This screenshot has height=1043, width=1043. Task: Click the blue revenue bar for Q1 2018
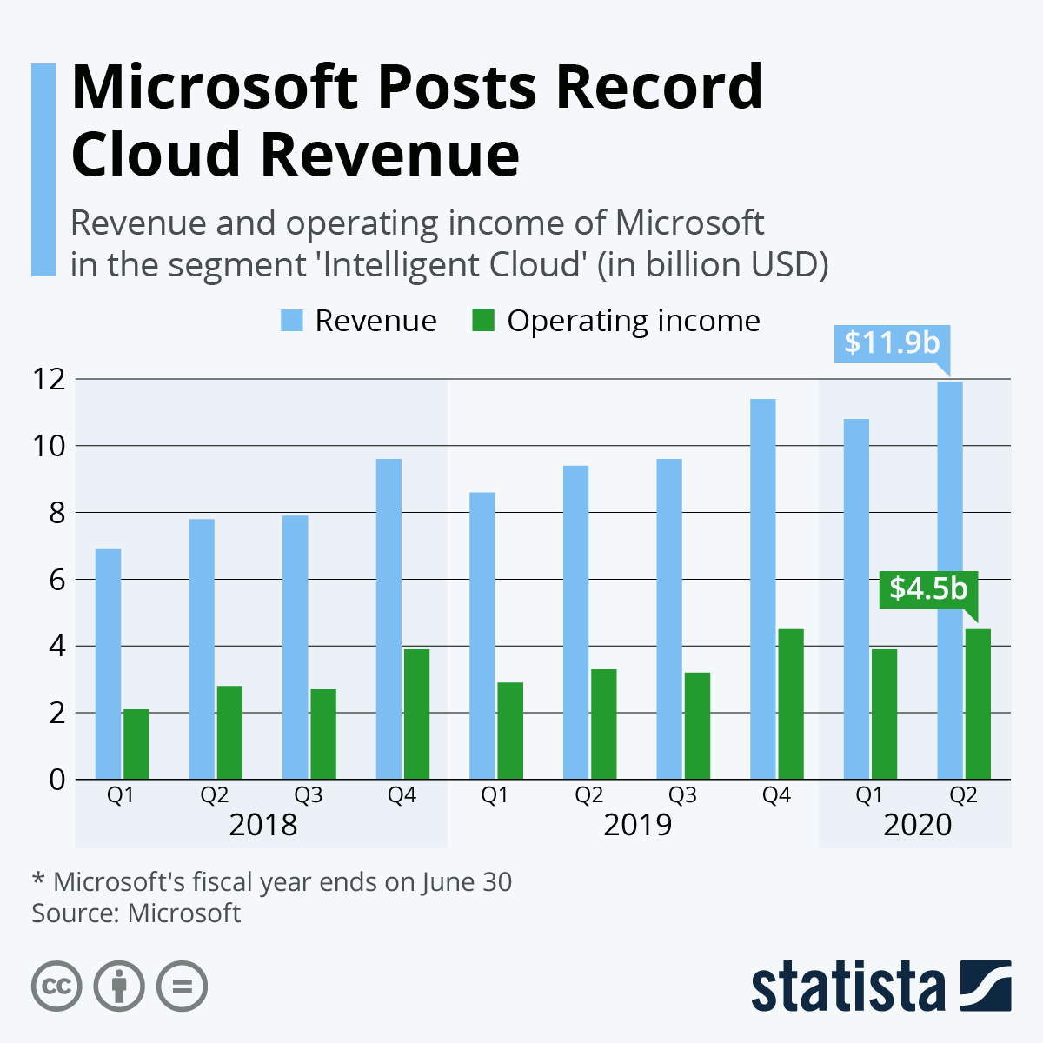[108, 664]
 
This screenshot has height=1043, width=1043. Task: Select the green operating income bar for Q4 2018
[416, 714]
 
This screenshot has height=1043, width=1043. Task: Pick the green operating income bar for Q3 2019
[697, 725]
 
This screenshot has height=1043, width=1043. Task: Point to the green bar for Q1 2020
[884, 714]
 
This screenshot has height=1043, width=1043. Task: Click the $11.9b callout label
[892, 342]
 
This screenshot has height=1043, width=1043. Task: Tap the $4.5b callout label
[928, 588]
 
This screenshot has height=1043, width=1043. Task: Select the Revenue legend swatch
[291, 321]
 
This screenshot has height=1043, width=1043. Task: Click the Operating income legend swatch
[483, 321]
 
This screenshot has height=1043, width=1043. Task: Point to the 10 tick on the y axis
[49, 446]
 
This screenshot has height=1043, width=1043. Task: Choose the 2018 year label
[262, 824]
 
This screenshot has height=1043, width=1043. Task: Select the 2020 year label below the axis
[918, 824]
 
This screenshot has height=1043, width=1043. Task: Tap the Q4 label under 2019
[776, 795]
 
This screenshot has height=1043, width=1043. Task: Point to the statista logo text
[848, 987]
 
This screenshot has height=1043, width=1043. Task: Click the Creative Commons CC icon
[56, 987]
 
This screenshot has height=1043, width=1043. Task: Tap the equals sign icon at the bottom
[183, 987]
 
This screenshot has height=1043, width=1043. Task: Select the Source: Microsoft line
[136, 913]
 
